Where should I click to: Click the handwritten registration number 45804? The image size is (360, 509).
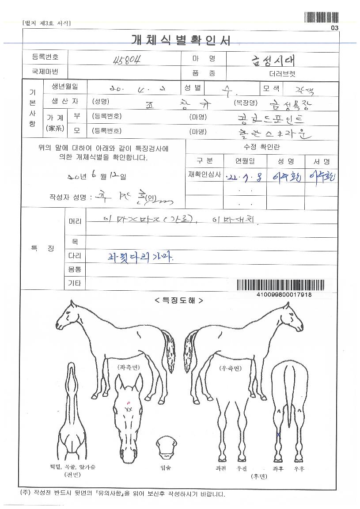point(124,60)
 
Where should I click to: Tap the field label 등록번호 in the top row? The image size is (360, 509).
point(45,57)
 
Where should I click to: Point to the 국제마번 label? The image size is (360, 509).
point(45,71)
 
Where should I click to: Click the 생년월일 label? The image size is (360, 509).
point(65,86)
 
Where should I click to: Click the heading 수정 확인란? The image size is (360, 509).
point(262,147)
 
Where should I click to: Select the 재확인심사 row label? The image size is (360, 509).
point(204,175)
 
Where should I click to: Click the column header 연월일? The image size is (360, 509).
point(239,161)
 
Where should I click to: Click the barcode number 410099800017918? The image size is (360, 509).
point(284,295)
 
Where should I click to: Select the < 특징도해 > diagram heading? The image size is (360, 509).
point(179,301)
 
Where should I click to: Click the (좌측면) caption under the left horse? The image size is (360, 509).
point(129,367)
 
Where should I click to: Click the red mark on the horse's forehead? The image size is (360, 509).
point(128,402)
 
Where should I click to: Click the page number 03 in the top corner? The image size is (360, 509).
point(334,28)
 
